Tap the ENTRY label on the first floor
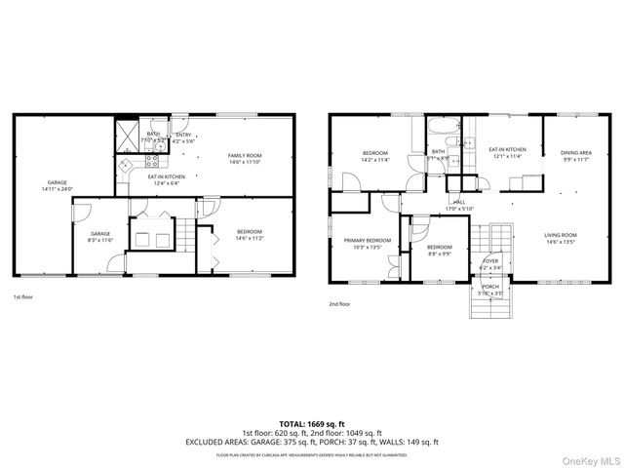[x=183, y=137]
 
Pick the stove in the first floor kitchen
[x=124, y=167]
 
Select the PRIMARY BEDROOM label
[x=368, y=243]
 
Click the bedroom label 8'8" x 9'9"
[x=439, y=250]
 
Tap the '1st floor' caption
[x=23, y=296]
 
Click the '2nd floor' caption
[x=340, y=304]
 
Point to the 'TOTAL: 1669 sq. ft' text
[x=311, y=424]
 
